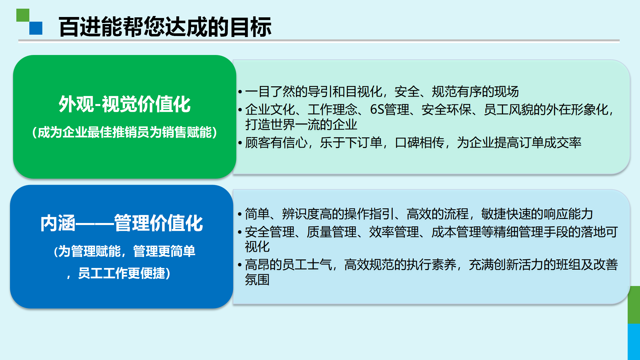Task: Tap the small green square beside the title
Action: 23,15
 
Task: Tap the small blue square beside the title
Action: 36,28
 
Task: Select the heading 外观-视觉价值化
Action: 125,104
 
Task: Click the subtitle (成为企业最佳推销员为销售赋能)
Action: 125,132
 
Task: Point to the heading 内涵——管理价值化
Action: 122,223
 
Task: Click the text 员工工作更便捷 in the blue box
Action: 122,273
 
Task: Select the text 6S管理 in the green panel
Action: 390,110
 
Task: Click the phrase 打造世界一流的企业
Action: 301,125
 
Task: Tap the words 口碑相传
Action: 420,143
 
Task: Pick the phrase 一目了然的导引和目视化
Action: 314,92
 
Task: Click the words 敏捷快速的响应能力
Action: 537,214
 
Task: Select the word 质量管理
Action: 332,232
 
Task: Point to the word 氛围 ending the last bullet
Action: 257,280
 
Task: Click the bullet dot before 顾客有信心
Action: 240,143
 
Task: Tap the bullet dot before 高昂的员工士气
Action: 240,265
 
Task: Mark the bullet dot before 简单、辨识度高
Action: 240,214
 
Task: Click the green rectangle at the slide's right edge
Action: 634,305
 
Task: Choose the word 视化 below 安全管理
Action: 257,247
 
